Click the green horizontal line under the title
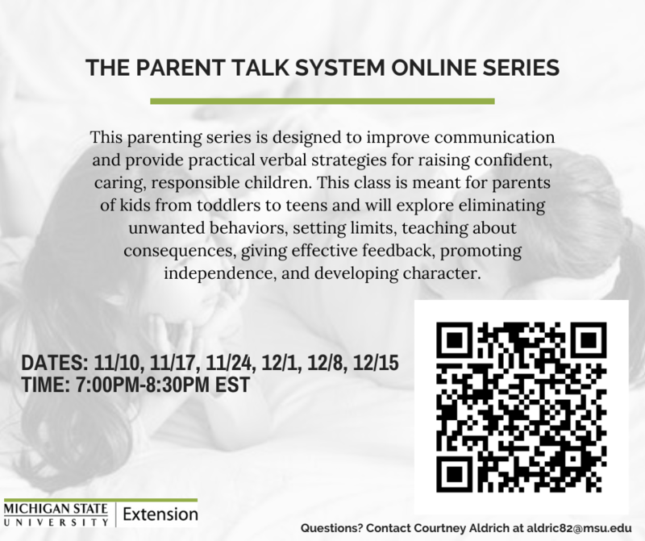coord(322,102)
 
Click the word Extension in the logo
coord(160,514)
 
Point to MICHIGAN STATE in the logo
coord(56,507)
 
